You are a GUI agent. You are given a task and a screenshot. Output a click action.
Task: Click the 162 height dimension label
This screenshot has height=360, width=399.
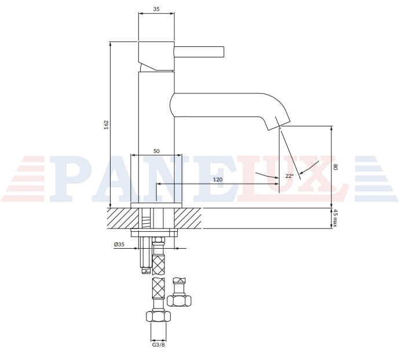coord(107,125)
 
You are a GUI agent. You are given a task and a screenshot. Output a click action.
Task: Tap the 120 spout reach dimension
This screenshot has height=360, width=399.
coord(218,179)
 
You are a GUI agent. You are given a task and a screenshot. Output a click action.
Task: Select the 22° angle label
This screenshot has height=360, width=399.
coord(290,176)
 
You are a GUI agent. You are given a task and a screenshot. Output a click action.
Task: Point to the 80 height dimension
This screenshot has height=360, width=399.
coord(335,168)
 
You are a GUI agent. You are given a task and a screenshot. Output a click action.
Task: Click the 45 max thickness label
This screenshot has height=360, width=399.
coord(335,218)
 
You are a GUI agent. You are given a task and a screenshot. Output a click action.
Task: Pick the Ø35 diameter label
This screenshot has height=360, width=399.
coord(119,244)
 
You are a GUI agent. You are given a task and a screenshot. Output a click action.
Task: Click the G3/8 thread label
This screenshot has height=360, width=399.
coord(158,345)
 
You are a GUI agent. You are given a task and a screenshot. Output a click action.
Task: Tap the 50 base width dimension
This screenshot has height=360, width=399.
coord(156,151)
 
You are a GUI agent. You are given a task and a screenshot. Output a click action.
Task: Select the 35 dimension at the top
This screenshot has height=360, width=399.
coord(156,9)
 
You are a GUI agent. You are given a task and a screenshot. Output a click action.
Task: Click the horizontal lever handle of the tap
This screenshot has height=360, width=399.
coord(199,52)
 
